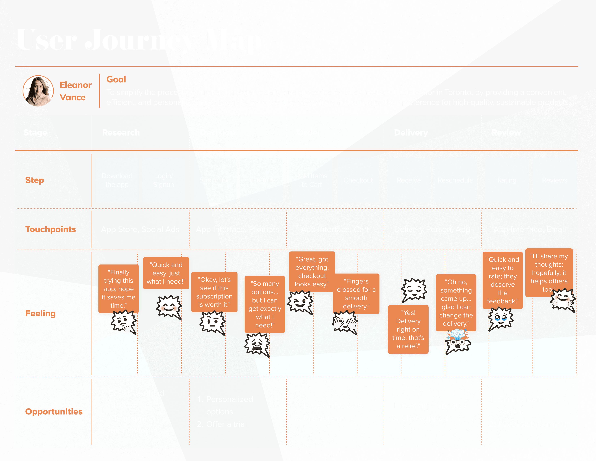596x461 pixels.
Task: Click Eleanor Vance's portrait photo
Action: (38, 91)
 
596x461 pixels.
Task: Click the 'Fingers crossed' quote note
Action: (356, 294)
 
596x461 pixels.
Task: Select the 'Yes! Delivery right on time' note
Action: (408, 329)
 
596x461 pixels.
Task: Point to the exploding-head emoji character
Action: (458, 341)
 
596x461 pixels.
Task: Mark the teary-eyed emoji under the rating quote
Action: (500, 318)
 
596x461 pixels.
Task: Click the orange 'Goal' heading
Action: (116, 80)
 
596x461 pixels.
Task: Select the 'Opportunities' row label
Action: (54, 412)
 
